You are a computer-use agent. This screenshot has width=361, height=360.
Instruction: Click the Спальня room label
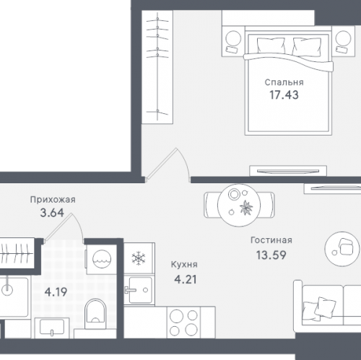click(x=284, y=82)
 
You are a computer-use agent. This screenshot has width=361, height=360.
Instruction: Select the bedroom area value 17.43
click(x=284, y=95)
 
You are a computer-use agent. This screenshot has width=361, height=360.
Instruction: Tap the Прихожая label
click(x=53, y=200)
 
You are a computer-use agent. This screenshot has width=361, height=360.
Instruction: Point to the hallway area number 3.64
click(x=52, y=213)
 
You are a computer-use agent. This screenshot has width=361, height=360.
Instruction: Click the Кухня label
click(x=184, y=265)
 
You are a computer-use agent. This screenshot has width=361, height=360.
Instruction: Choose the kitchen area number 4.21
click(x=186, y=279)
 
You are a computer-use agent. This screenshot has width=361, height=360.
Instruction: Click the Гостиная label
click(x=271, y=240)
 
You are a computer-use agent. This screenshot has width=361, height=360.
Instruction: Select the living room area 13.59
click(x=271, y=255)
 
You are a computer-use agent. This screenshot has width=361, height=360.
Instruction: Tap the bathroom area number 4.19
click(x=56, y=292)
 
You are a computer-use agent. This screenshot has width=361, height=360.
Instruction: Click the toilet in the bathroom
click(x=95, y=314)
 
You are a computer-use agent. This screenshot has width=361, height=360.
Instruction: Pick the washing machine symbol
click(x=101, y=259)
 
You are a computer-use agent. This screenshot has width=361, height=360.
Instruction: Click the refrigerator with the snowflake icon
click(x=139, y=258)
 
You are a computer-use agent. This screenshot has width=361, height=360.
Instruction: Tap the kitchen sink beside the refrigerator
click(x=139, y=290)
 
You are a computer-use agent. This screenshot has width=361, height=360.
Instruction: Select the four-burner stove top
click(x=184, y=322)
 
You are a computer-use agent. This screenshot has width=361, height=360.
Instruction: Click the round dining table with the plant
click(x=239, y=205)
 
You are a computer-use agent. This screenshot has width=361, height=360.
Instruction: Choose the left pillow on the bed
click(x=271, y=45)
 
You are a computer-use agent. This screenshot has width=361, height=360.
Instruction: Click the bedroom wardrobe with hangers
click(x=157, y=67)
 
